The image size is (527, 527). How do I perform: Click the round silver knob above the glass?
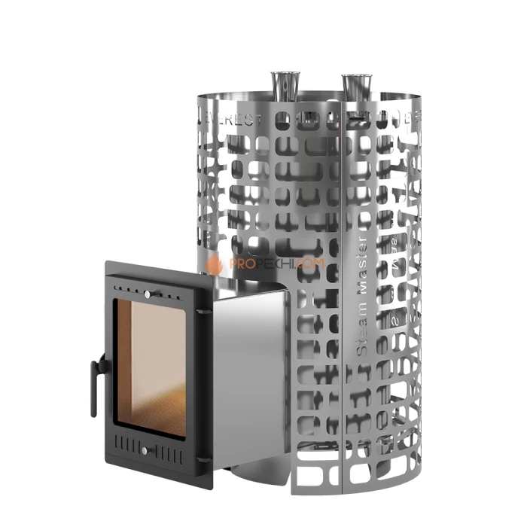pos(148,292)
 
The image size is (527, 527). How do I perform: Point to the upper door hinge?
pos(203,309)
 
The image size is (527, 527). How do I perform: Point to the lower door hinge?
pos(201,459)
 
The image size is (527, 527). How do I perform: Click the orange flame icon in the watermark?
pos(215,263)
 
